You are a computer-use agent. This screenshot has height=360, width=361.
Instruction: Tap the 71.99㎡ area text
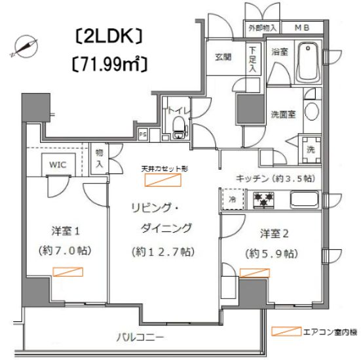point(108,64)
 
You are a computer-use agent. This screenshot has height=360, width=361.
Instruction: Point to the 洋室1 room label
point(66,231)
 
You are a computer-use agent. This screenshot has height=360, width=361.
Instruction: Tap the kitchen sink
point(303,199)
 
